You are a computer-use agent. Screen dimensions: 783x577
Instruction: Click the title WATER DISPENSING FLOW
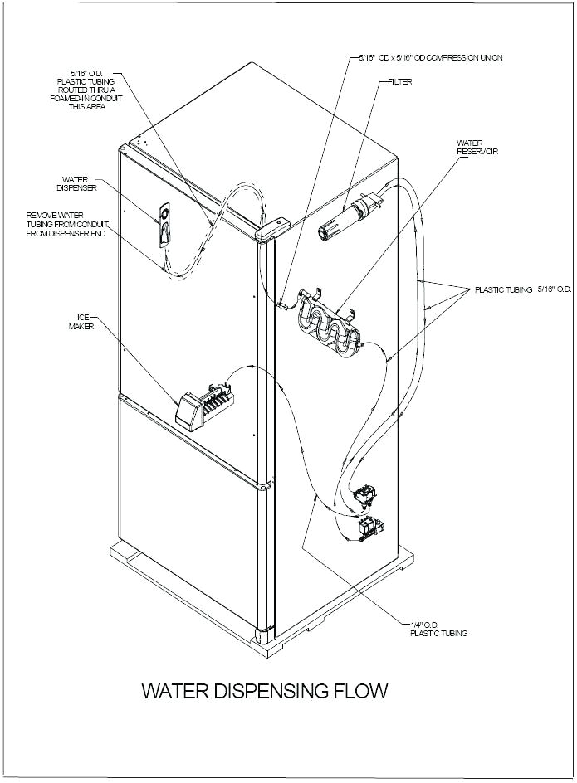point(265,690)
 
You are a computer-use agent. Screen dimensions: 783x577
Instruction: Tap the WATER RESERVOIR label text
point(477,147)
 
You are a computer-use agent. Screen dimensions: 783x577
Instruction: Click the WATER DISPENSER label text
point(78,182)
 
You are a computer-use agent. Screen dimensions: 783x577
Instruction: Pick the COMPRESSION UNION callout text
point(430,58)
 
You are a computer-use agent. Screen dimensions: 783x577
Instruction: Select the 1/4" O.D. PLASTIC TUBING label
point(438,629)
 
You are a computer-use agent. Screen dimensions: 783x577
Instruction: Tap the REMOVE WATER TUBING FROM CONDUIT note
point(66,225)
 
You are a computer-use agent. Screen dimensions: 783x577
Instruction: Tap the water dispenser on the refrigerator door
point(164,226)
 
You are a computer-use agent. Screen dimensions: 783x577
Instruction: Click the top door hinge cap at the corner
point(274,226)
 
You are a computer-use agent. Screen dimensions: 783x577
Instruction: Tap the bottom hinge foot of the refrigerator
point(264,636)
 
